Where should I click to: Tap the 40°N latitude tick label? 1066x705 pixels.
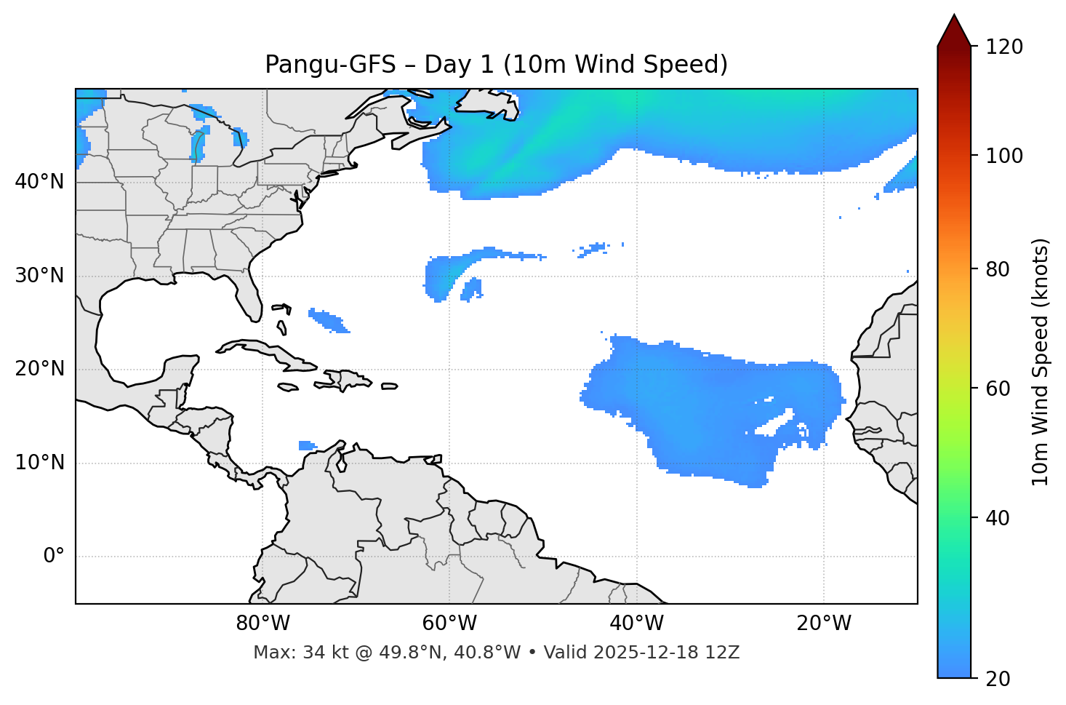39,182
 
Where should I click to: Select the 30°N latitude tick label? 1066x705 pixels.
39,276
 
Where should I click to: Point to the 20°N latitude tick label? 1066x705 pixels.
39,369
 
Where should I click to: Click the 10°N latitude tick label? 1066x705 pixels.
39,463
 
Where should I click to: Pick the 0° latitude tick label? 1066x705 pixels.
54,557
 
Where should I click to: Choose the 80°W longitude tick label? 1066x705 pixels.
263,624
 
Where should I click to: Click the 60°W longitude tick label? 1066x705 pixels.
449,624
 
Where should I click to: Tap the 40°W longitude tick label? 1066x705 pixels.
636,624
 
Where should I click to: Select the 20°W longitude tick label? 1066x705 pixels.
823,624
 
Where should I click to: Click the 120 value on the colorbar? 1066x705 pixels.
1004,47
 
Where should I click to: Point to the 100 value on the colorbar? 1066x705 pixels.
1004,156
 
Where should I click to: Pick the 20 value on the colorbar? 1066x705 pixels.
998,679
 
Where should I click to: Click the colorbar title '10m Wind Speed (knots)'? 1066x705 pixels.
1041,362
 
